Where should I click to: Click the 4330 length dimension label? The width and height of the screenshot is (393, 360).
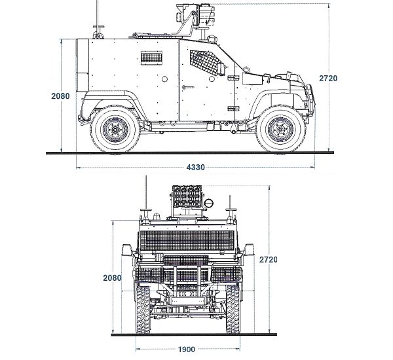[195, 168]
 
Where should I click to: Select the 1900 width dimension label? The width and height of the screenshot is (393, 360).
[185, 349]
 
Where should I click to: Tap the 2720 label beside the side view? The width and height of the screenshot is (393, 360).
[328, 78]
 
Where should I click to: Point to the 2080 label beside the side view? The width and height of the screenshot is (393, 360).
[60, 96]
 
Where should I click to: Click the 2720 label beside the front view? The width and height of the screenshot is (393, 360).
[269, 260]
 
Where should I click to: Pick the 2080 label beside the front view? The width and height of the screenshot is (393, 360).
[113, 278]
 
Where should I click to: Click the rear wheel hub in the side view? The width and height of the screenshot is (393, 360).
[115, 131]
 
